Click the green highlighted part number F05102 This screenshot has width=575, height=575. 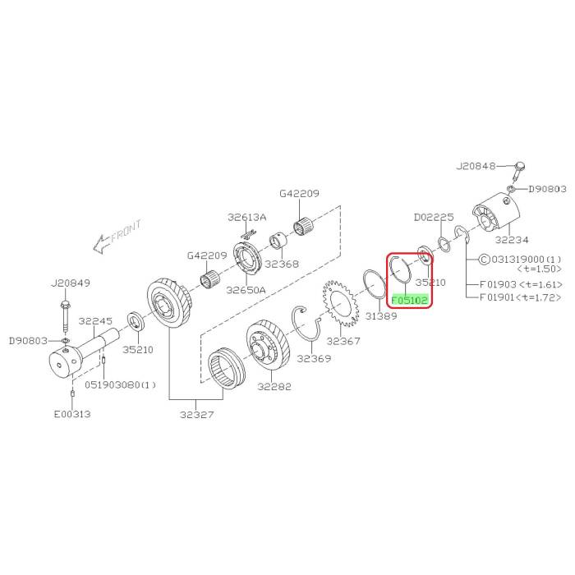(x=409, y=300)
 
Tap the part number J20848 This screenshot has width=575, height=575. (x=476, y=165)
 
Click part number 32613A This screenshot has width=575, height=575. (x=247, y=218)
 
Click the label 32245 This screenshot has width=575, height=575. (x=96, y=321)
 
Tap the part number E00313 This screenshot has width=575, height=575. (x=73, y=414)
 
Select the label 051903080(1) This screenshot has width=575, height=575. (x=120, y=384)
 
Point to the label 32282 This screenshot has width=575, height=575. (x=274, y=387)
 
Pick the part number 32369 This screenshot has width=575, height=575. (x=314, y=358)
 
